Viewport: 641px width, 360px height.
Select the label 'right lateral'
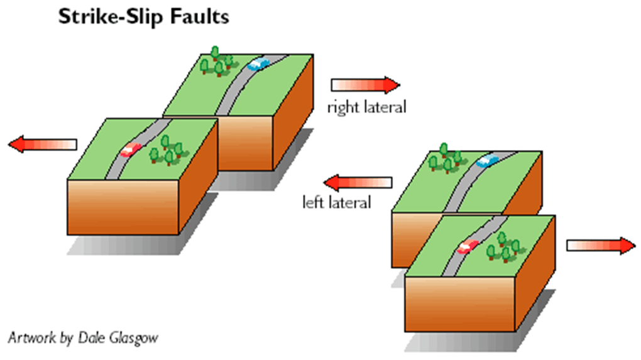pyautogui.click(x=366, y=107)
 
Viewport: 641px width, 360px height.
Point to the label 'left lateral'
pyautogui.click(x=337, y=202)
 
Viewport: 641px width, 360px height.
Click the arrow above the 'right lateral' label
pyautogui.click(x=365, y=85)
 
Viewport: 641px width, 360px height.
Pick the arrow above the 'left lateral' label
pyautogui.click(x=358, y=183)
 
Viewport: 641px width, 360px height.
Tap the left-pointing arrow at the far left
pyautogui.click(x=43, y=145)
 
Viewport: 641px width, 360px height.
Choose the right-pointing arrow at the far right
pyautogui.click(x=601, y=245)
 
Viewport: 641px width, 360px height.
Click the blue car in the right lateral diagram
pyautogui.click(x=258, y=63)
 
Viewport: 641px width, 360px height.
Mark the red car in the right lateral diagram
pyautogui.click(x=132, y=150)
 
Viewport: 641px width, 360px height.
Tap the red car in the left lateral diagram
pyautogui.click(x=468, y=246)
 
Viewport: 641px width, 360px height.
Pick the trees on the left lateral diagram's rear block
pyautogui.click(x=444, y=160)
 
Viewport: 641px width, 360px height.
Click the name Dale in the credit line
pyautogui.click(x=92, y=338)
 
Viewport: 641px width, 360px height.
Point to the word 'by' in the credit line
pyautogui.click(x=68, y=339)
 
